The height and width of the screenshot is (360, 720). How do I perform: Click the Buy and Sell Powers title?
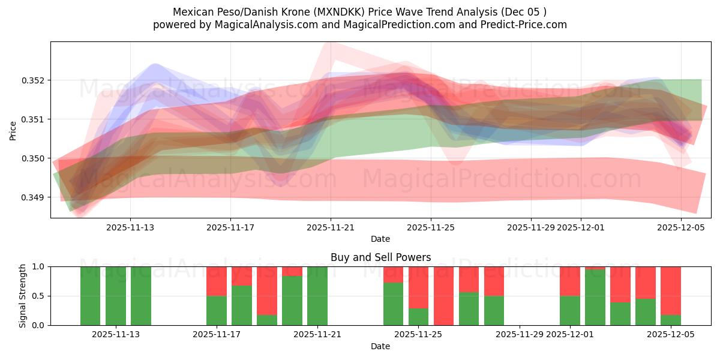[380, 257]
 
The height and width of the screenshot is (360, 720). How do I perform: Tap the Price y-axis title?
[13, 130]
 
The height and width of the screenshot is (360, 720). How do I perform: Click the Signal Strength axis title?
[22, 295]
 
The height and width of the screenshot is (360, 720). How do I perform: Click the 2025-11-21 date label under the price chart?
[331, 227]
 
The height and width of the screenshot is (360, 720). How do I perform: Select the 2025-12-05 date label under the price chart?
[681, 227]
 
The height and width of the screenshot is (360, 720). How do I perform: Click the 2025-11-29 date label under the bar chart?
[519, 335]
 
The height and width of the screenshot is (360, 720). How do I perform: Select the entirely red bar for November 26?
[443, 295]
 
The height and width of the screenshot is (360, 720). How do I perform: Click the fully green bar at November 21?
[317, 295]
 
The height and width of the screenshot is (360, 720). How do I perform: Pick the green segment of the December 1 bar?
[570, 310]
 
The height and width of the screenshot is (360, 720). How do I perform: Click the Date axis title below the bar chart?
[380, 346]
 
